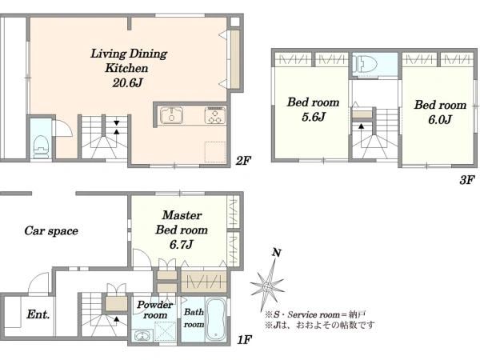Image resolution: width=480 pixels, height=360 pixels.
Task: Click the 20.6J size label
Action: coord(127,82)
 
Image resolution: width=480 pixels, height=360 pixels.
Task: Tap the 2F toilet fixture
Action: coord(41,147)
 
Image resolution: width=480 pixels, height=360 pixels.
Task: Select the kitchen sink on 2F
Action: coord(171,115)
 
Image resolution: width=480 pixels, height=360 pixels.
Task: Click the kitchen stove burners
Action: coord(215,115)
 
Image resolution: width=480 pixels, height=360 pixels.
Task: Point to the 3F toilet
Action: coord(365,64)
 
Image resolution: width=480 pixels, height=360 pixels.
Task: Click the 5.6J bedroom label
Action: coord(313,110)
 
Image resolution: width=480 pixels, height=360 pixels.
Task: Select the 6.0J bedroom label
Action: coord(440,112)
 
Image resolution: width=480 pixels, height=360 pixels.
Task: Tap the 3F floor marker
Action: coord(467,180)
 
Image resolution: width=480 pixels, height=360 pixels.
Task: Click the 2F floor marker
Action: coord(243,161)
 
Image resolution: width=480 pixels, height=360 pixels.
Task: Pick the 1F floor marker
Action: coord(245,339)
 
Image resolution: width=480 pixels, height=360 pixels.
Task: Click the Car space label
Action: coord(51,231)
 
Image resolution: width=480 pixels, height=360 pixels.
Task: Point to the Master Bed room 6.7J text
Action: coord(182,230)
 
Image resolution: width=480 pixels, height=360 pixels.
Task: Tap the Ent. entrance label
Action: coord(38,314)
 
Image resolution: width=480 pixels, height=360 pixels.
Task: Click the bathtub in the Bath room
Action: coord(216,319)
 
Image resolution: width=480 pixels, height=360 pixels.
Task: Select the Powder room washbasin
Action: coord(142,336)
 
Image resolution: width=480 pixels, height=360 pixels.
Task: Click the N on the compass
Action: coord(277,253)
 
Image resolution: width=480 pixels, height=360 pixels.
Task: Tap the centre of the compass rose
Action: coord(267,287)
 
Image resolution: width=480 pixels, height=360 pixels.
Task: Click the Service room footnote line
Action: coord(315,314)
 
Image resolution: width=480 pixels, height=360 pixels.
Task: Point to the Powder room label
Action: coord(155,310)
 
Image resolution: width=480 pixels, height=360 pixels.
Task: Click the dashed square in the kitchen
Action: coord(215,152)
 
